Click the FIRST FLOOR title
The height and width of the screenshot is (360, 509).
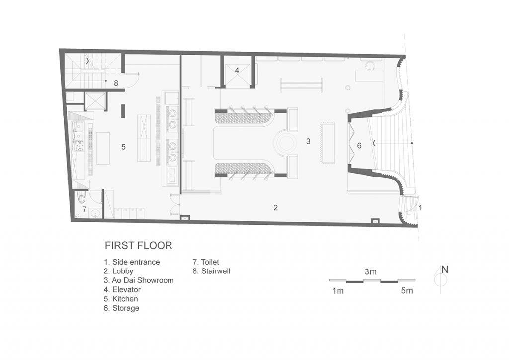[138, 246]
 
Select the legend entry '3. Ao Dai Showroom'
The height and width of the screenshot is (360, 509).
[139, 280]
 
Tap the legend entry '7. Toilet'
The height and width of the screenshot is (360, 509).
[206, 262]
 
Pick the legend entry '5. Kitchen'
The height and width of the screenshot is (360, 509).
[121, 299]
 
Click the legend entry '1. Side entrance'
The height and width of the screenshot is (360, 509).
[132, 262]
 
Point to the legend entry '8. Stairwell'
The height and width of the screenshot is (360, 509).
[211, 271]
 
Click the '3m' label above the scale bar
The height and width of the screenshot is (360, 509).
[370, 272]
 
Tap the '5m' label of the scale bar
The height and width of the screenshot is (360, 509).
[407, 291]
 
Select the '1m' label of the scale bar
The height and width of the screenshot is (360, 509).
[338, 291]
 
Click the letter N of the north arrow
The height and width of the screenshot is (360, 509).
[445, 270]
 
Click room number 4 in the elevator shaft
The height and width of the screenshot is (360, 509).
[237, 70]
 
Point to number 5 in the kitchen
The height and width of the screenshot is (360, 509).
[123, 147]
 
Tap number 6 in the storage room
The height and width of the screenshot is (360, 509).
[359, 145]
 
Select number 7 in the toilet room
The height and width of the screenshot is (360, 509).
[84, 209]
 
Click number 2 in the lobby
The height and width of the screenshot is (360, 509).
[275, 208]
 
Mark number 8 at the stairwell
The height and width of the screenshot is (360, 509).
[116, 83]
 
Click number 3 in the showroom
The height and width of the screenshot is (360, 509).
[308, 141]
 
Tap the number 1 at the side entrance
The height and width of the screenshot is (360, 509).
[420, 208]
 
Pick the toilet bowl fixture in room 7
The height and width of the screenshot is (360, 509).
[81, 198]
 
